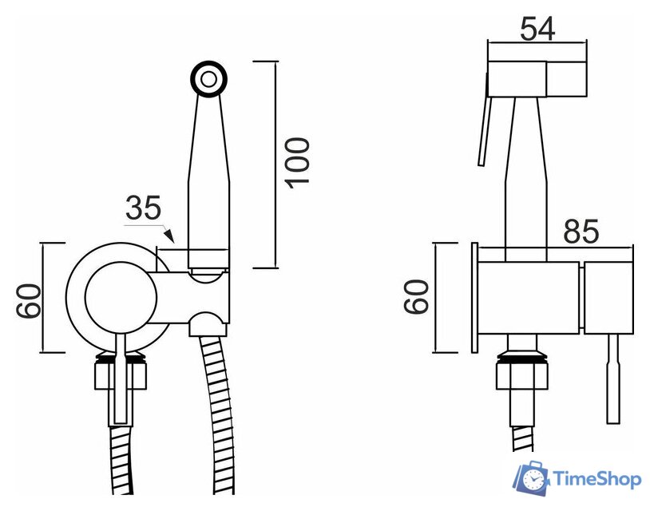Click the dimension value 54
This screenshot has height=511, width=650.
537,29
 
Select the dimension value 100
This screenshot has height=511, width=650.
297,164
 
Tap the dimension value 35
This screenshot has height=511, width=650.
143,208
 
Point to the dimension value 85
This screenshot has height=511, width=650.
581,231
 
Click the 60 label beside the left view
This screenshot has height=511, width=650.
29,300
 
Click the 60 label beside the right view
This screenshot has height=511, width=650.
416,296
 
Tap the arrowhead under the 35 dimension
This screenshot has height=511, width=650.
169,235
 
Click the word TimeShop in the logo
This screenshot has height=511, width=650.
597,480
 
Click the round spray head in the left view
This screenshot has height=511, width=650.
209,79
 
